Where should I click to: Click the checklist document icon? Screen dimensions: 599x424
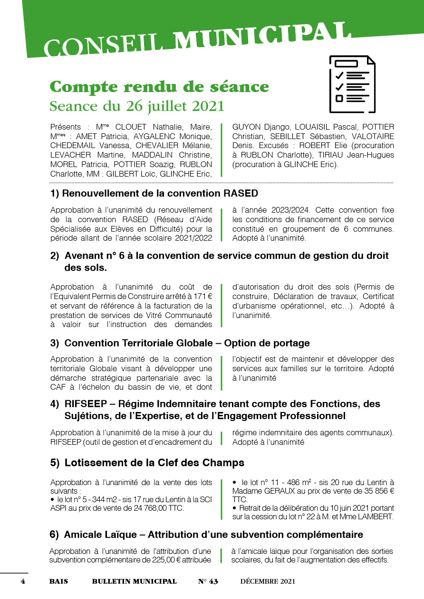[352, 84]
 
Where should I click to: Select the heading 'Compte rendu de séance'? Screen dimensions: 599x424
[159, 87]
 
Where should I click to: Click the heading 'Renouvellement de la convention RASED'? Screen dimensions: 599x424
[160, 193]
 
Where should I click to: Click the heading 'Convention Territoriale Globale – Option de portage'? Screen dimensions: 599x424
[187, 343]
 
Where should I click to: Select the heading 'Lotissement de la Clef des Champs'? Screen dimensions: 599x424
[154, 462]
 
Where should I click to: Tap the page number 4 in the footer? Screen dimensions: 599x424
[22, 581]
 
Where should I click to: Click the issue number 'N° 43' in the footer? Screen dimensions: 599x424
[208, 581]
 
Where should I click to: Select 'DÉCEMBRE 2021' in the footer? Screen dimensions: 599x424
[268, 581]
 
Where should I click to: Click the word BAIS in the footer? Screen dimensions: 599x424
[58, 581]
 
